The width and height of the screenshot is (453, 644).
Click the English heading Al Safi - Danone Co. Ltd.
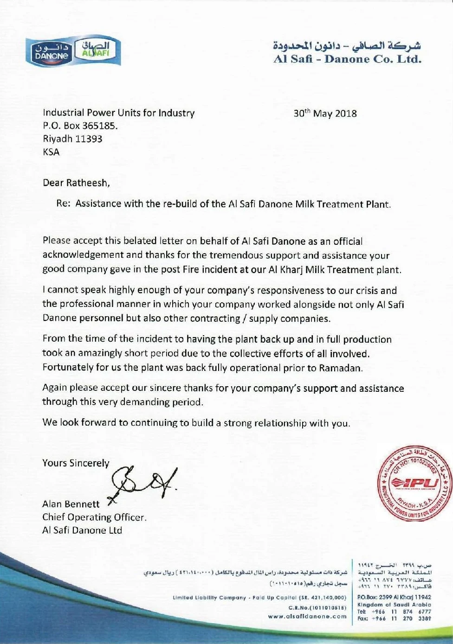(x=347, y=59)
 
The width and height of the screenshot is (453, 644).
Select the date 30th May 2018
(x=325, y=114)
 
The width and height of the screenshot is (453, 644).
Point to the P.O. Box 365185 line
(x=80, y=126)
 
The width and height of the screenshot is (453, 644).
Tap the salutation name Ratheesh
(x=87, y=183)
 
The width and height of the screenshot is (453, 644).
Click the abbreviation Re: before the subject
(x=63, y=204)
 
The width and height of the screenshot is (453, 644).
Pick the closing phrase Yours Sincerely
(x=76, y=463)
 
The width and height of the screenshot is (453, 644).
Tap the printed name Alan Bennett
(x=71, y=504)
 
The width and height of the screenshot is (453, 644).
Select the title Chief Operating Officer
(x=94, y=517)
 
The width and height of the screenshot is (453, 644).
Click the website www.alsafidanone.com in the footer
(x=307, y=616)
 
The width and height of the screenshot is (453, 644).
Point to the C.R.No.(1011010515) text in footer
(x=317, y=607)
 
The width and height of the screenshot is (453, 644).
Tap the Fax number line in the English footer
(x=394, y=618)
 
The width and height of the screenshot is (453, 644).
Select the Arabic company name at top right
(x=347, y=46)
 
